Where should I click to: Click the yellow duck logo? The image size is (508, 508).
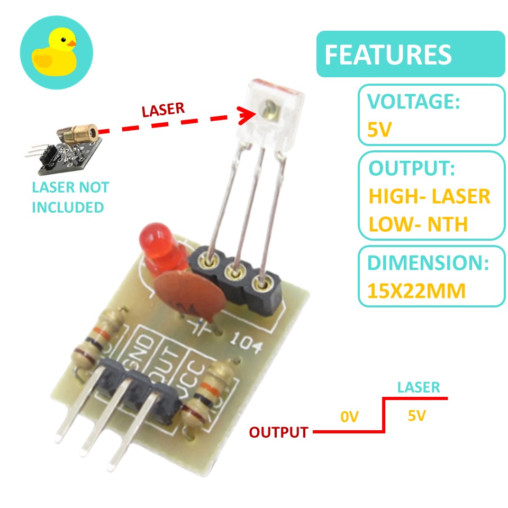(56, 53)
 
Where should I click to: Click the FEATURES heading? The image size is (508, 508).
(388, 55)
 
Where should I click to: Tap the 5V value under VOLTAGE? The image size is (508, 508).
(379, 129)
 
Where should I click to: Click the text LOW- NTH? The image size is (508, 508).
(418, 224)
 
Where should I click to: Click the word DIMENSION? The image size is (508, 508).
(428, 263)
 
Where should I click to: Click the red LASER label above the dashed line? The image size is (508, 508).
(163, 110)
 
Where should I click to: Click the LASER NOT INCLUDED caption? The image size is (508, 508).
(70, 197)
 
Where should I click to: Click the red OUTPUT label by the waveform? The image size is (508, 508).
(278, 432)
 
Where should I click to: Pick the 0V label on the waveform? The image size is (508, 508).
(350, 418)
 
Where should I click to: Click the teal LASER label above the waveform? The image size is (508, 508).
(418, 387)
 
